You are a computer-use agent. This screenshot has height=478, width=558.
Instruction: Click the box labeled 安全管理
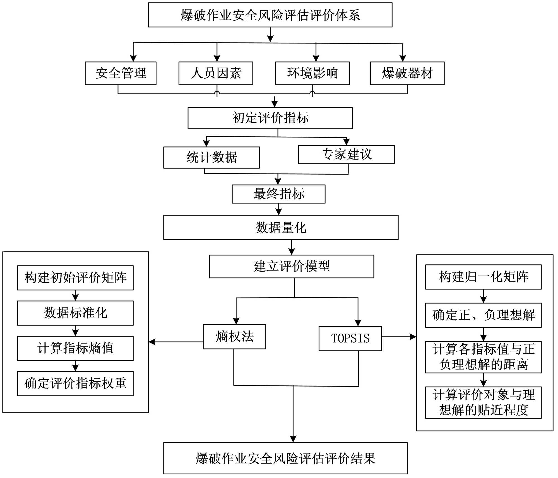121,73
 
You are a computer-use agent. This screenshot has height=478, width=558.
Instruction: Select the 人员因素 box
216,73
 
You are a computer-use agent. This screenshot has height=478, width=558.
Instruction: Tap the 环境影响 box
312,73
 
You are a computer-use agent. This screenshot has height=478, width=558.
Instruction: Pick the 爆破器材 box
407,73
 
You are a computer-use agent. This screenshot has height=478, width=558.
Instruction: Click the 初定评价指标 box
270,118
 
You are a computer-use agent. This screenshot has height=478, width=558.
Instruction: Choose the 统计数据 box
211,157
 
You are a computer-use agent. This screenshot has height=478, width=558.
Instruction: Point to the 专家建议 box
346,154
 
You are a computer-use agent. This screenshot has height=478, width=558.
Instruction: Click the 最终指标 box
278,194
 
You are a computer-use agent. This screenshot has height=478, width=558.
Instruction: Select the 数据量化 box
281,227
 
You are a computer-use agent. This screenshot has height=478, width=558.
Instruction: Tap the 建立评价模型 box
291,266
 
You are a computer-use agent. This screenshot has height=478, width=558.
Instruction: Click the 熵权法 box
234,336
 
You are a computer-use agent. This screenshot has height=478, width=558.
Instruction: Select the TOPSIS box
350,338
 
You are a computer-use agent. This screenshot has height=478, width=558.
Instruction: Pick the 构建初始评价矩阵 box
75,278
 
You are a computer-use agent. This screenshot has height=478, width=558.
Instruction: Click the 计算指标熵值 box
75,348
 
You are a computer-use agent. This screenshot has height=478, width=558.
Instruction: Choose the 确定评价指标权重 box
75,383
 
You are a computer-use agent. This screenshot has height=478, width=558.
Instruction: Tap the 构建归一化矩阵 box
483,277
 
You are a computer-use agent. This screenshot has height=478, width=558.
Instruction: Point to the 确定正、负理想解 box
483,315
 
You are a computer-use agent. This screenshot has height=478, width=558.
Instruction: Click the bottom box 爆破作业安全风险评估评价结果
285,458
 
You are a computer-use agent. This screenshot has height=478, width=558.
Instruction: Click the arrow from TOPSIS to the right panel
399,337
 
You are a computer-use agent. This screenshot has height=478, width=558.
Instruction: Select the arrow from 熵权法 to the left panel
176,342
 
